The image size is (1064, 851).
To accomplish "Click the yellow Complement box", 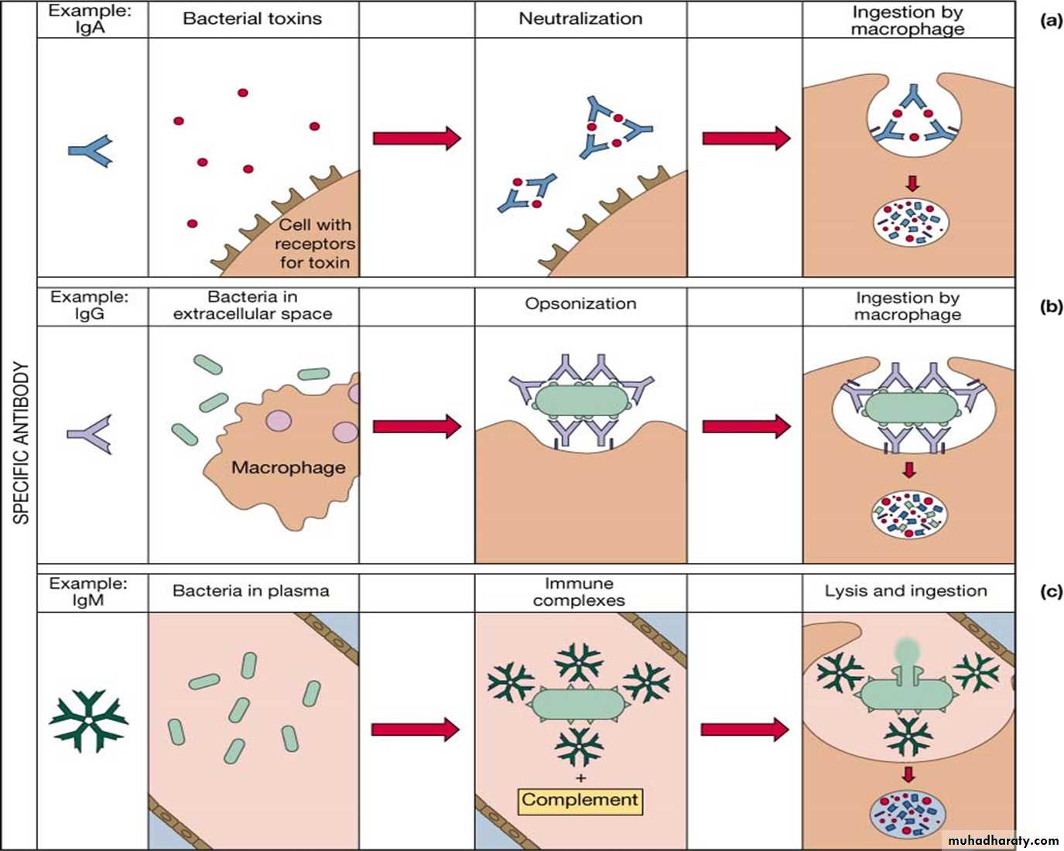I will [580, 800].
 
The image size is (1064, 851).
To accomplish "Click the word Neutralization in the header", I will [580, 19].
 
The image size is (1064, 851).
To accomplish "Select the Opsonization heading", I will [580, 304].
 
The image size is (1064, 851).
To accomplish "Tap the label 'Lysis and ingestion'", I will [905, 591].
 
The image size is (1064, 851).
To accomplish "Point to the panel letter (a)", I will [1051, 21].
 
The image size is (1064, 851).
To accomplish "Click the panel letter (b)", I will [1051, 306].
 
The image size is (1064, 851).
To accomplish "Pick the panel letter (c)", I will [1051, 592].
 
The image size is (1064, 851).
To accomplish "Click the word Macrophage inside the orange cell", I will [288, 467].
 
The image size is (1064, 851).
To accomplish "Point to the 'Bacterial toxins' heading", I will [252, 19].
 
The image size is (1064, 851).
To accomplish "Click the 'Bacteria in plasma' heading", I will [251, 591].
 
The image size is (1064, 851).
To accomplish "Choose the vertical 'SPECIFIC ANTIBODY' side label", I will [21, 443].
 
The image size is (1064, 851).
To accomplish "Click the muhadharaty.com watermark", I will [1003, 840].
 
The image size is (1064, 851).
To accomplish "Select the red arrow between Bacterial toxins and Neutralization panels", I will [416, 138].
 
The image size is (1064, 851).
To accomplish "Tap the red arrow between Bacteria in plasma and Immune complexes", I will [416, 729].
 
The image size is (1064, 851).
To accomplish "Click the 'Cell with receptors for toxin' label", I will [314, 244].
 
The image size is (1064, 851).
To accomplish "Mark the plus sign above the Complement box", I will [580, 778].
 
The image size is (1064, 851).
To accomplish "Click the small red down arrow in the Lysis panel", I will [908, 774].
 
